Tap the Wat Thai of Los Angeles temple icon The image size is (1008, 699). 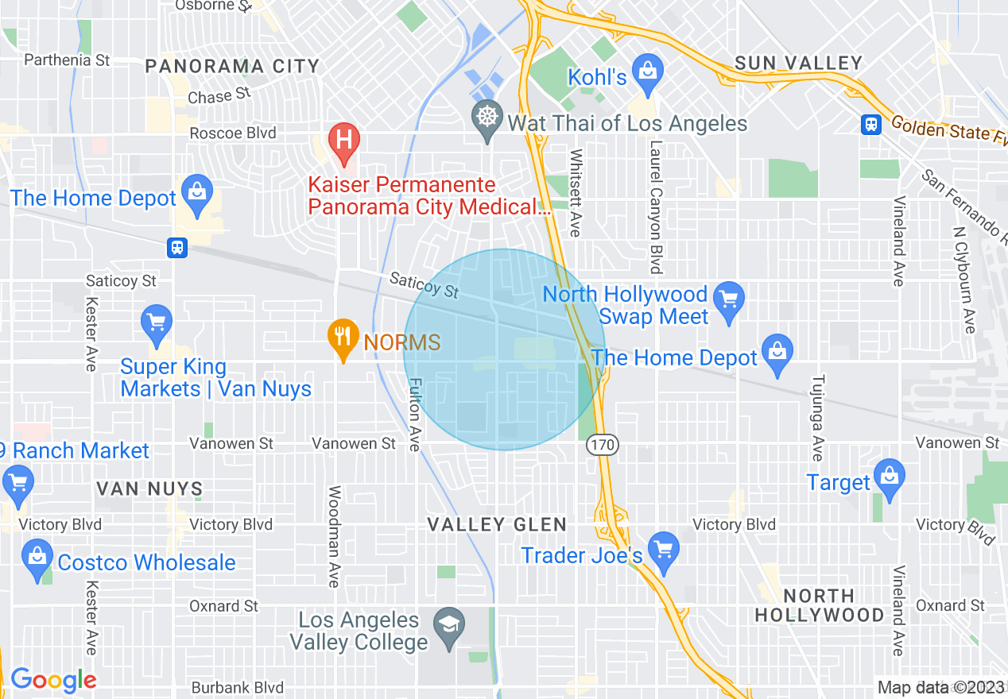486,118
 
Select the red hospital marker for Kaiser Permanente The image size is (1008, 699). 343,140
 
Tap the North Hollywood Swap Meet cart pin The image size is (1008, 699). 729,299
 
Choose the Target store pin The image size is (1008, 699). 889,477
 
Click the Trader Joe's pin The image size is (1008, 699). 663,548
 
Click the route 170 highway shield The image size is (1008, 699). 603,445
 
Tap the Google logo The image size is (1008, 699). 53,680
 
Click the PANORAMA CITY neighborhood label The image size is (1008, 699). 232,67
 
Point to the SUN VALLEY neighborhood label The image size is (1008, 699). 798,64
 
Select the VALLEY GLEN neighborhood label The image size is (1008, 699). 497,524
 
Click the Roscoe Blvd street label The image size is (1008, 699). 233,133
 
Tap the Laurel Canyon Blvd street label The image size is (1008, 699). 655,207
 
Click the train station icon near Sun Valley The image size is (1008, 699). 870,124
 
